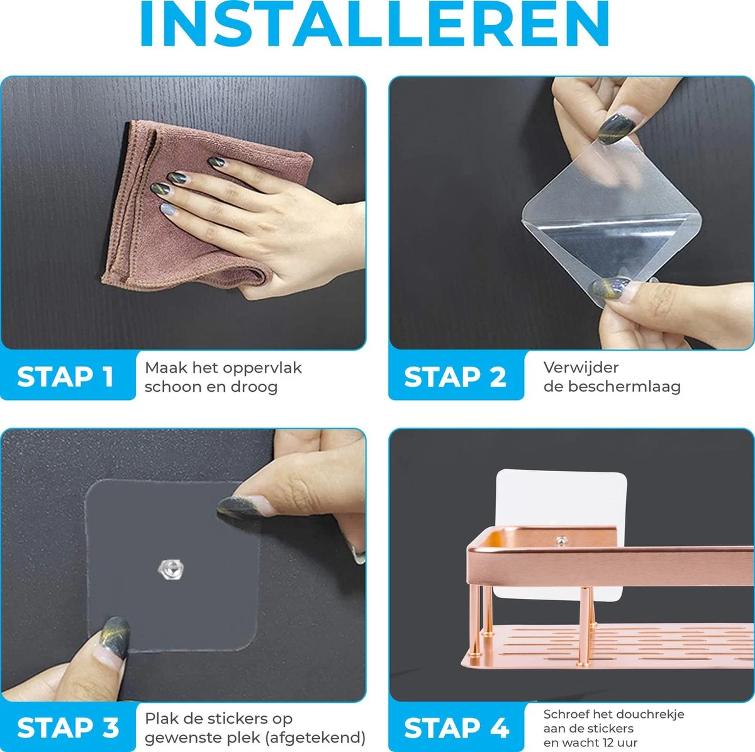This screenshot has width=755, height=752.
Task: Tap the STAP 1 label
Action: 65,377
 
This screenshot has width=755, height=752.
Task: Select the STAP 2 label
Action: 455,377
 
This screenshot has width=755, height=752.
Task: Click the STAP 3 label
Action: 68,727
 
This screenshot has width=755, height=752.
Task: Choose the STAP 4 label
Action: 456,727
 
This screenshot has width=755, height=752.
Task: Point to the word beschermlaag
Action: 624,387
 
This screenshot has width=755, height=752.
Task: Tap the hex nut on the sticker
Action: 171,569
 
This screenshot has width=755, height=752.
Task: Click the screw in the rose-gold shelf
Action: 561,541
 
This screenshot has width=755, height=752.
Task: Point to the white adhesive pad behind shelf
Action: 561,498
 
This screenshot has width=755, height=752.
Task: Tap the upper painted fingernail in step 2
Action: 617,127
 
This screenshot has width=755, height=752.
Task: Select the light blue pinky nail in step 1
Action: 168,209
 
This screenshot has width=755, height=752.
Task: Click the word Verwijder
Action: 581,368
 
